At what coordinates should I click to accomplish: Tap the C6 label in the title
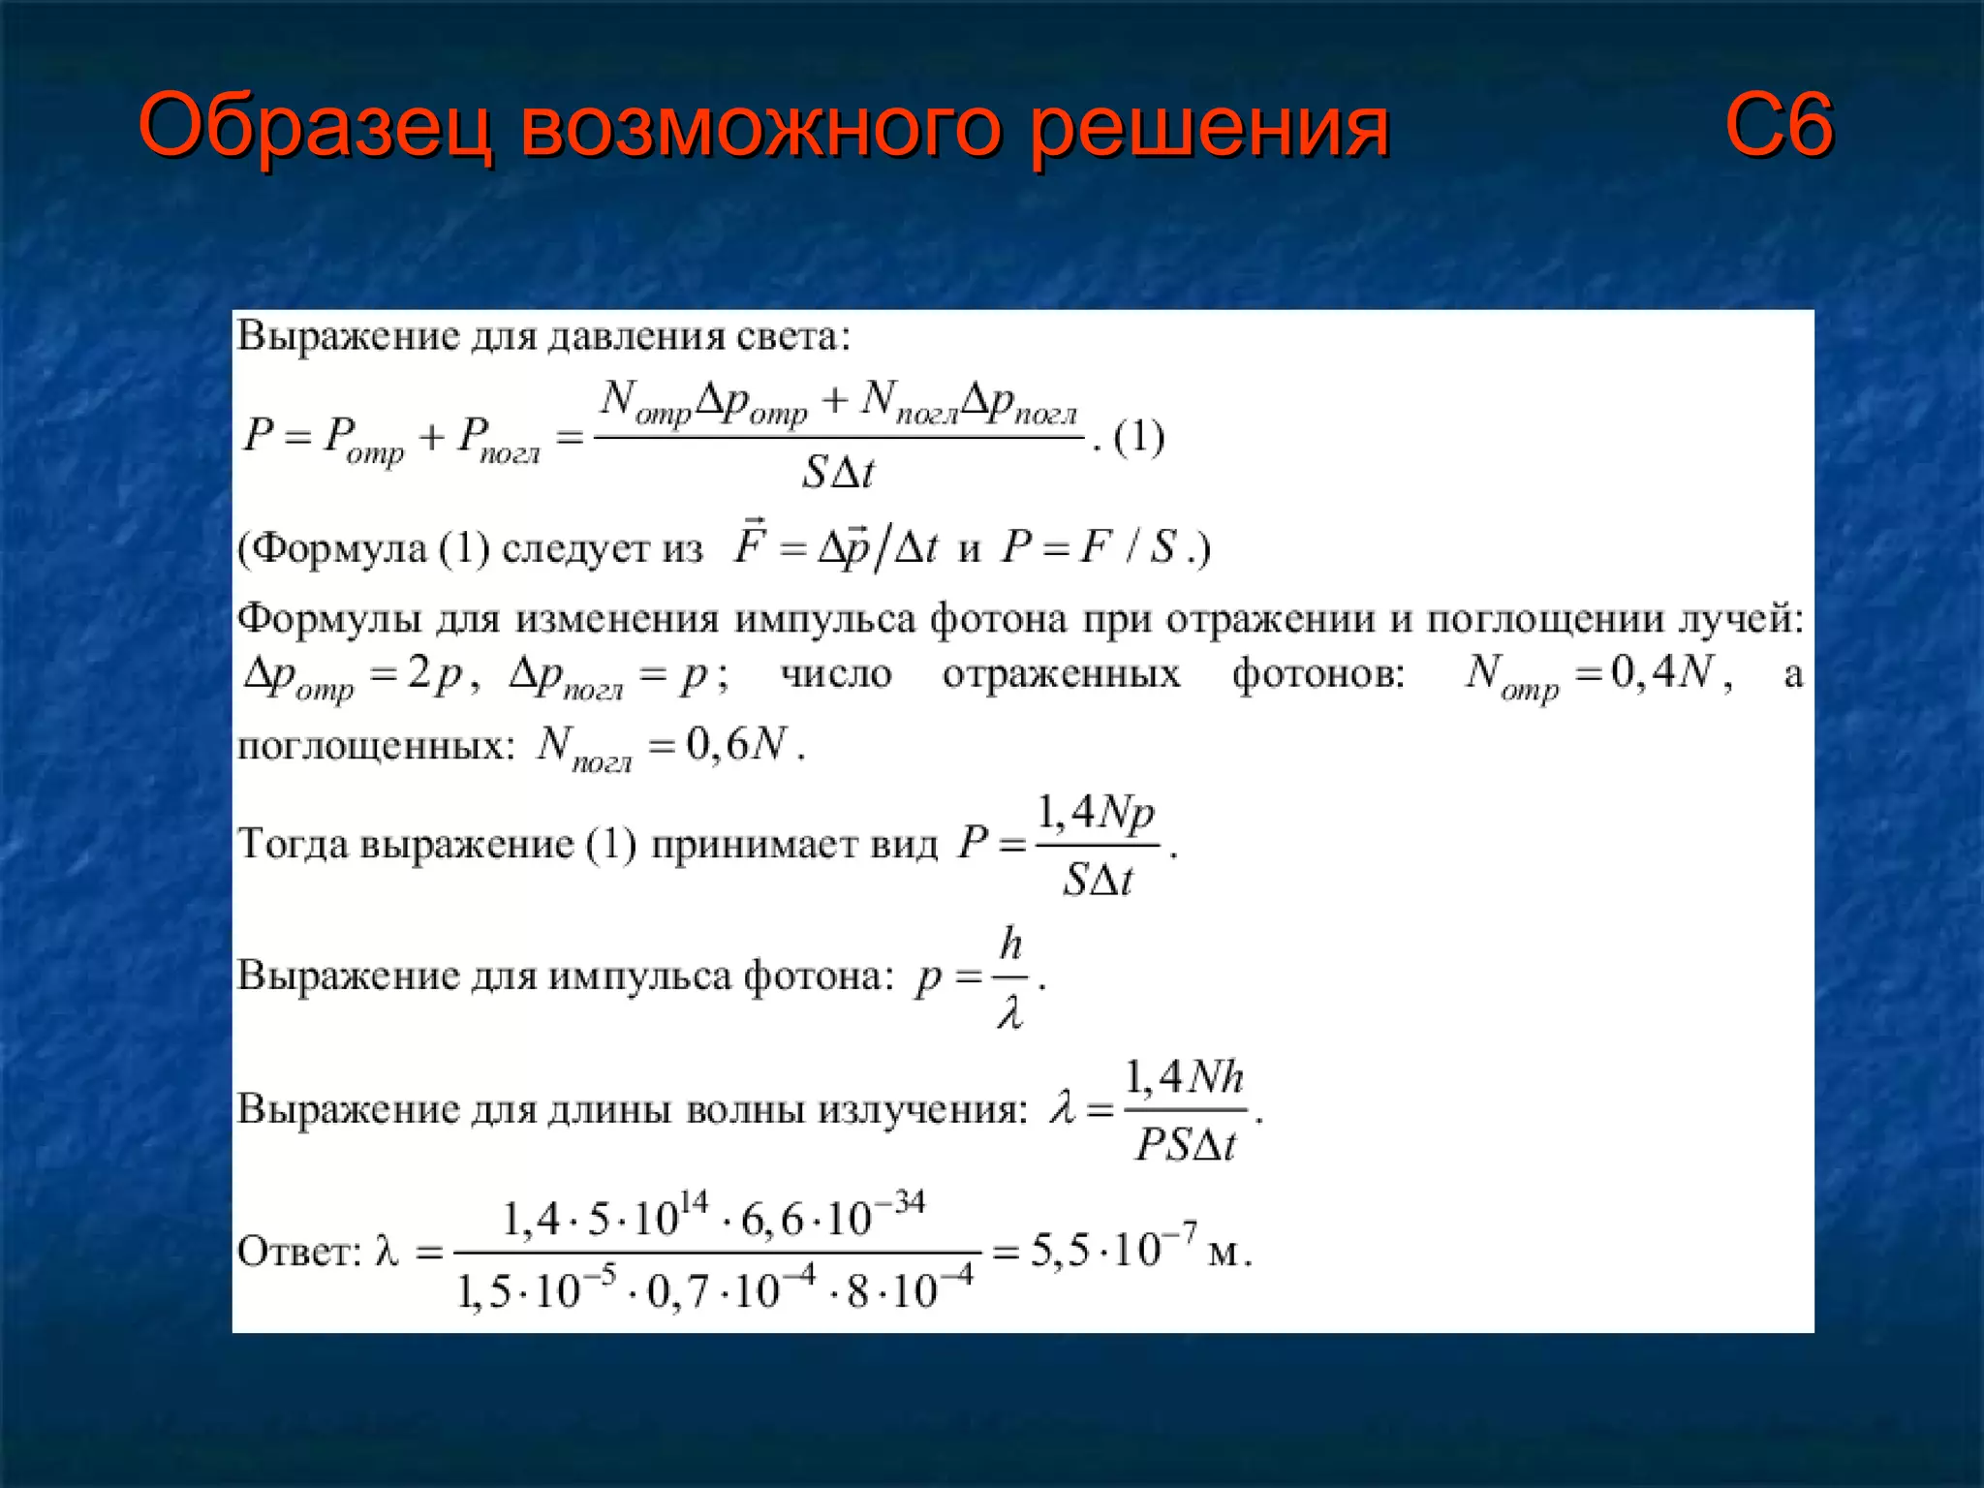click(1779, 126)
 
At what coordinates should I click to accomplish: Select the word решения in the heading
click(1209, 126)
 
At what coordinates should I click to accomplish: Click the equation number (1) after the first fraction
click(1138, 438)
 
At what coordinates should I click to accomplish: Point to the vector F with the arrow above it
click(750, 544)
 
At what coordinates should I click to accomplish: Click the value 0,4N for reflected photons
click(1662, 671)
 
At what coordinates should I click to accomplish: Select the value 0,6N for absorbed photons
click(736, 744)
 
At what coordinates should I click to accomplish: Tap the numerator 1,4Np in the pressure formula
click(1096, 814)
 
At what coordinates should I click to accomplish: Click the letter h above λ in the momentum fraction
click(1010, 943)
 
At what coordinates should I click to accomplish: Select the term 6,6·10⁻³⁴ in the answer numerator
click(832, 1218)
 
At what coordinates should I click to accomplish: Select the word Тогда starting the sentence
click(293, 844)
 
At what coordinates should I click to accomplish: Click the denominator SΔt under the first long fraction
click(838, 473)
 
